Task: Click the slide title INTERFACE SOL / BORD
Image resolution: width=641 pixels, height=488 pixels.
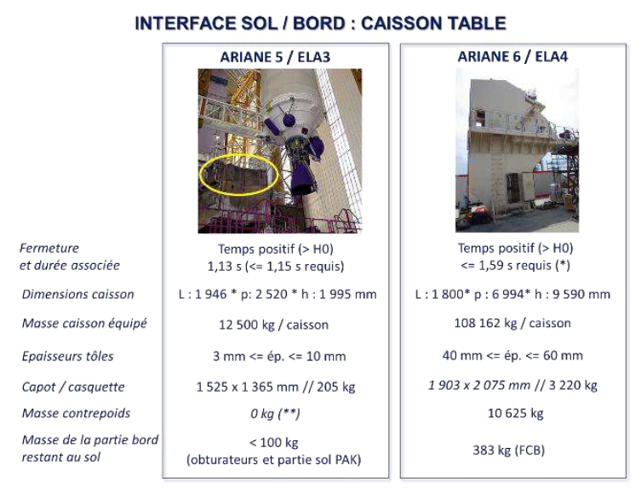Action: click(x=240, y=23)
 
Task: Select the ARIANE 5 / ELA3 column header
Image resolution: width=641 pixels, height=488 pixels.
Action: click(x=275, y=57)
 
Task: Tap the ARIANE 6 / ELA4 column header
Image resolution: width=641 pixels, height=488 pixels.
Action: click(x=512, y=56)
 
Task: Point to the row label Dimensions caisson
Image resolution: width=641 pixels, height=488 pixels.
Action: click(x=78, y=294)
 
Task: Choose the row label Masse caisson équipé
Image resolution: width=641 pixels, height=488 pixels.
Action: click(x=84, y=324)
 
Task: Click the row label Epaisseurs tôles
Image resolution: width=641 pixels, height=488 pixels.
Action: click(x=68, y=356)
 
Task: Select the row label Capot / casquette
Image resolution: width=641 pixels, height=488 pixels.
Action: click(x=73, y=387)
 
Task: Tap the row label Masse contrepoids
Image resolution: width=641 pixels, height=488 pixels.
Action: click(x=76, y=413)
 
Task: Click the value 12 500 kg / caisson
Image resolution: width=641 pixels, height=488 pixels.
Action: click(x=274, y=324)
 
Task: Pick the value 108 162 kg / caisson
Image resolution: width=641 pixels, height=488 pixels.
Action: click(x=512, y=323)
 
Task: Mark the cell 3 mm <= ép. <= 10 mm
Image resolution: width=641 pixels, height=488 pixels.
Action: click(x=279, y=356)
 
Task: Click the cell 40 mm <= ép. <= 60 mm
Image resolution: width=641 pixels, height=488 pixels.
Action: click(x=512, y=355)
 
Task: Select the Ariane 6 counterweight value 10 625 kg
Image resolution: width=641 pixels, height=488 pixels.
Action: click(x=516, y=413)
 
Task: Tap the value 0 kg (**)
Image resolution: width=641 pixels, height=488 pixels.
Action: click(x=276, y=414)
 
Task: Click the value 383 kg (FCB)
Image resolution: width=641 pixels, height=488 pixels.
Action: click(x=509, y=451)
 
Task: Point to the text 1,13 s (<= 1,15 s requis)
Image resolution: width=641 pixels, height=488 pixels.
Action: click(x=276, y=267)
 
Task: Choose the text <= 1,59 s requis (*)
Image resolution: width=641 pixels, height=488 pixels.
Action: click(x=515, y=266)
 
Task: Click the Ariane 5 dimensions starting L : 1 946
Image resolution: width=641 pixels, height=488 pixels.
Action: click(x=278, y=294)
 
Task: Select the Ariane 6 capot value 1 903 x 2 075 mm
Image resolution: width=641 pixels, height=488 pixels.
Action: click(x=479, y=385)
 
